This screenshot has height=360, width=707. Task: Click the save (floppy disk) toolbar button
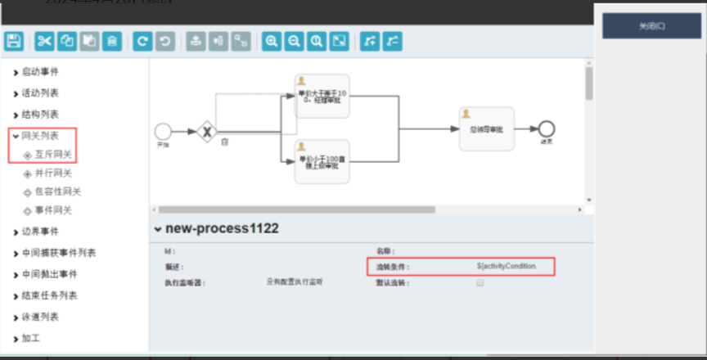click(x=13, y=41)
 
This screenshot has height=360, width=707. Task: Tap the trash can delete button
click(x=113, y=41)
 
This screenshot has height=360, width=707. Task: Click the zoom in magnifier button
click(x=271, y=41)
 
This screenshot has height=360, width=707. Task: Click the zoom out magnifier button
click(x=294, y=41)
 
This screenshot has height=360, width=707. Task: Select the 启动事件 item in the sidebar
click(x=40, y=72)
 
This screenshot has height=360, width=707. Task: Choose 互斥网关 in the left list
click(x=52, y=154)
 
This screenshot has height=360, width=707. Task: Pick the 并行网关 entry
click(x=52, y=173)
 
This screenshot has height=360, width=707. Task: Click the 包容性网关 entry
click(x=57, y=191)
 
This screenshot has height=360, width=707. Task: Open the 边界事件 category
click(x=40, y=232)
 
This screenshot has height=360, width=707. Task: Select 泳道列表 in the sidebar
click(x=40, y=317)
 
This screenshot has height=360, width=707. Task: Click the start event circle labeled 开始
click(x=162, y=131)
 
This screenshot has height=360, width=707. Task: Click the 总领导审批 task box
click(x=486, y=128)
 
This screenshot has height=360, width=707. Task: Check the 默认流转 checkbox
click(x=480, y=283)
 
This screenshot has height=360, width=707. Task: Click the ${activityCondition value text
click(x=507, y=267)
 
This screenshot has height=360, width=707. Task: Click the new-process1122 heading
click(x=222, y=229)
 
